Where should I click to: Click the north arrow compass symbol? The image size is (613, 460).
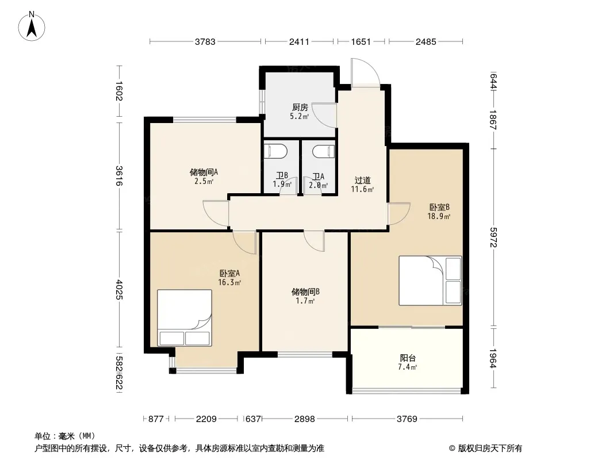click(32, 26)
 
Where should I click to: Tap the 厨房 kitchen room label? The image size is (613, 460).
click(300, 107)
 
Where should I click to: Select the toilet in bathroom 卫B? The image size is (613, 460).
click(275, 151)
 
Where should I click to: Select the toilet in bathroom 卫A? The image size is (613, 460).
click(324, 151)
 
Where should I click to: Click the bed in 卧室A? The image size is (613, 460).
click(185, 318)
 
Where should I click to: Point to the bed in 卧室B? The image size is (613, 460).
click(430, 281)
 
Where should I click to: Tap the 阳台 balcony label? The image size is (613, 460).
click(408, 358)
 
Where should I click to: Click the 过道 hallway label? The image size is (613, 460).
click(362, 180)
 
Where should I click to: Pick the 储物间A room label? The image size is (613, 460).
click(204, 172)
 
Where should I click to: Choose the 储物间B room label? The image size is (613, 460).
click(306, 292)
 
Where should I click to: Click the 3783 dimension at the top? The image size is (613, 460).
click(205, 41)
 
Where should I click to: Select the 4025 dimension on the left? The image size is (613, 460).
click(119, 290)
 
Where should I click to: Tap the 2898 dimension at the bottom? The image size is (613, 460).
click(305, 419)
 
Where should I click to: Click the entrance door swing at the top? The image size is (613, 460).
click(365, 72)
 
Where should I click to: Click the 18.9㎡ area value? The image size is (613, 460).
click(439, 216)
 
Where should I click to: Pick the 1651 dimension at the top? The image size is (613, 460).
click(361, 41)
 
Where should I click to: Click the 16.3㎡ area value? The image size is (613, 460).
click(229, 282)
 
